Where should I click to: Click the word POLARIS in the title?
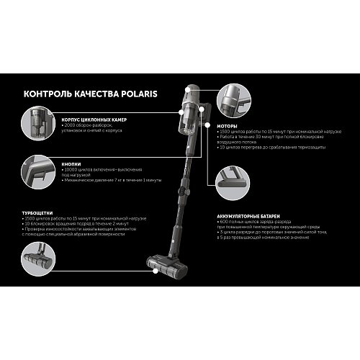(135, 94)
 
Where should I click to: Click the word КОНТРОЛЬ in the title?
(47, 94)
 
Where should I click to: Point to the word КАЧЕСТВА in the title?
(94, 94)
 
